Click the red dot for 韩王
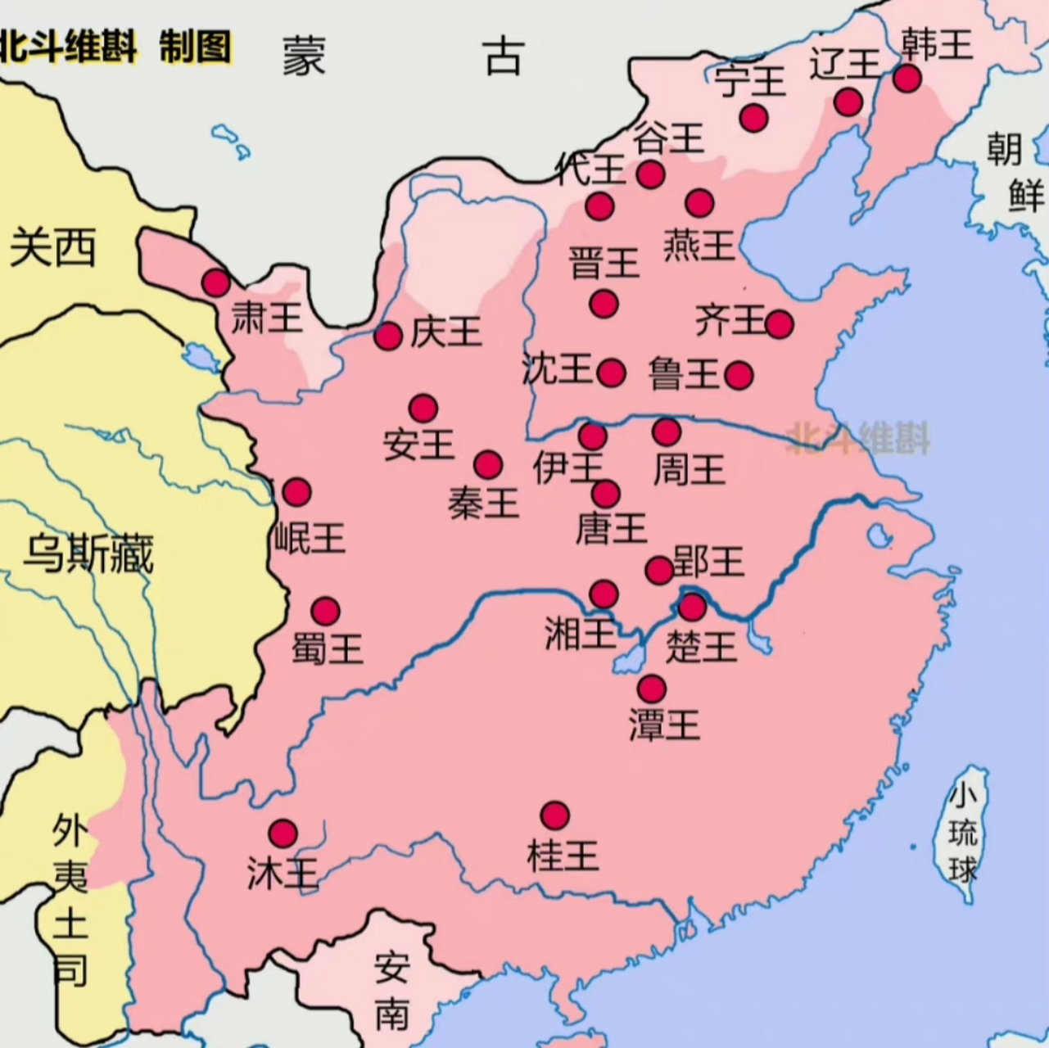tap(907, 79)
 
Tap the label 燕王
tap(699, 245)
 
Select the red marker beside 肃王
tap(216, 283)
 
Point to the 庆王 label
tap(445, 332)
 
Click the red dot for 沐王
tap(283, 833)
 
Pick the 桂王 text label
tap(563, 856)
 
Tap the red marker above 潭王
tap(652, 689)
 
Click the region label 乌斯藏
tap(88, 554)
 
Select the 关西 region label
tap(52, 247)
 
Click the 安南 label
tap(392, 992)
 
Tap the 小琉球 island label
tap(963, 834)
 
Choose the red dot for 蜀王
tap(326, 611)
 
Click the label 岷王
tap(309, 537)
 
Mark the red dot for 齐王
tap(780, 325)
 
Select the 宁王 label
tap(749, 81)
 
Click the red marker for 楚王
tap(692, 607)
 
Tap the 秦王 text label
tap(483, 503)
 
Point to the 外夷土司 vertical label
tap(70, 899)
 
